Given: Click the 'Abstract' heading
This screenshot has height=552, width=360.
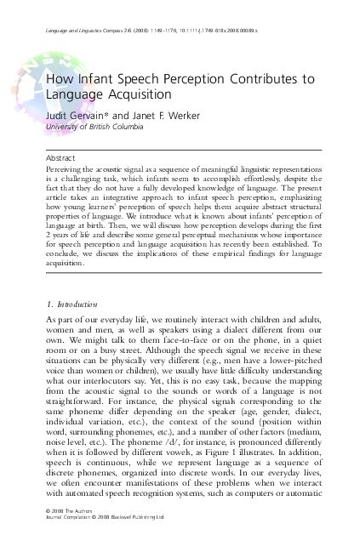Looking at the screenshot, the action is point(66,158).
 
